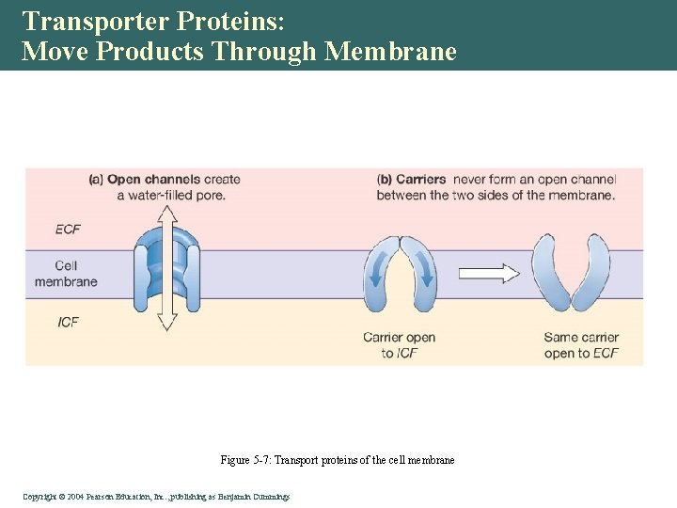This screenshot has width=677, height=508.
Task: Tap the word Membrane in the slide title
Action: point(390,51)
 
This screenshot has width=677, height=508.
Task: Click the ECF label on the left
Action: point(68,229)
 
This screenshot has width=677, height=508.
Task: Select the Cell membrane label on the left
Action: point(66,274)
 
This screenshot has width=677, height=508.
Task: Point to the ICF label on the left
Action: point(68,322)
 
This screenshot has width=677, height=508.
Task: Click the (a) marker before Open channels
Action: point(96,180)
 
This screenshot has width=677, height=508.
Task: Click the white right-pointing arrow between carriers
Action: point(490,274)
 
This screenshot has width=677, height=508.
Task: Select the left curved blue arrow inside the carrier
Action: point(378,273)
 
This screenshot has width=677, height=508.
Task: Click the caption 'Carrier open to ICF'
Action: point(400,345)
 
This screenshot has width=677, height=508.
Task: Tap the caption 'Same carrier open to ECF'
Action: point(581,345)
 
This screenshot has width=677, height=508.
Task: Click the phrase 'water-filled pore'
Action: point(171,196)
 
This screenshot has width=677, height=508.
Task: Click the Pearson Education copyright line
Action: point(156,496)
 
